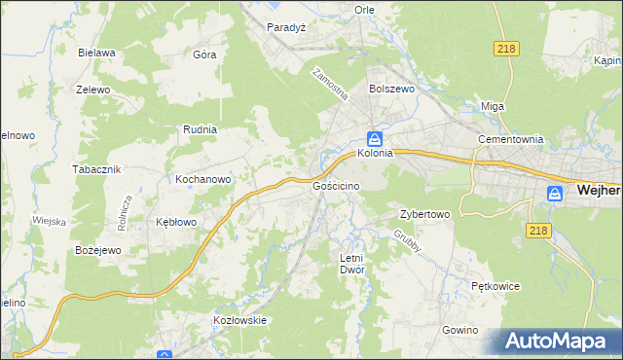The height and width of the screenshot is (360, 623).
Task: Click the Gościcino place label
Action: [x=338, y=185]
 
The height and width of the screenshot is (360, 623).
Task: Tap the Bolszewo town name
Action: [x=391, y=88]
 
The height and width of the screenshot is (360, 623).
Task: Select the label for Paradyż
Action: [x=287, y=27]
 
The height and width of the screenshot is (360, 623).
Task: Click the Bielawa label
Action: [x=98, y=53]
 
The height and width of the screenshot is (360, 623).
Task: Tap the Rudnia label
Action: [x=200, y=128]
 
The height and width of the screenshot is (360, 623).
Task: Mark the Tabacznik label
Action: [x=96, y=168]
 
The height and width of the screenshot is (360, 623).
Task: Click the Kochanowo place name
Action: [x=202, y=179]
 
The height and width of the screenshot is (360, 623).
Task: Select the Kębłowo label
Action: [x=176, y=222]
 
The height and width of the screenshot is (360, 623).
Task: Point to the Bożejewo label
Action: [x=97, y=250]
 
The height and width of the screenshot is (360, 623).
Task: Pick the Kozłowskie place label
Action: [x=239, y=319]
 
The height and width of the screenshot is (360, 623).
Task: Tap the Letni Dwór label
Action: [x=350, y=264]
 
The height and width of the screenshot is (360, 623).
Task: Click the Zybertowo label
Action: [x=424, y=214]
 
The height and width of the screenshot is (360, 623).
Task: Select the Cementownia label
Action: [x=509, y=139]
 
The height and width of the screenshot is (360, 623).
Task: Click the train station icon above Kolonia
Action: [x=374, y=138]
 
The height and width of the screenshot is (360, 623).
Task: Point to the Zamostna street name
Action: [x=329, y=86]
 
